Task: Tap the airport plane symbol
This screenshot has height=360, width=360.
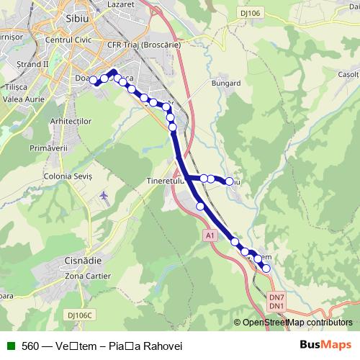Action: (x=105, y=195)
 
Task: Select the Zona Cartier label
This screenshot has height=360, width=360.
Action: (x=88, y=276)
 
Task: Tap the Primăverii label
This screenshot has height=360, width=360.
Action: (x=45, y=147)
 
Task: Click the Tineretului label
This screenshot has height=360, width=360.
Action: (x=166, y=181)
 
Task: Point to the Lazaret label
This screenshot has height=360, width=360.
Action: (x=121, y=4)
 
